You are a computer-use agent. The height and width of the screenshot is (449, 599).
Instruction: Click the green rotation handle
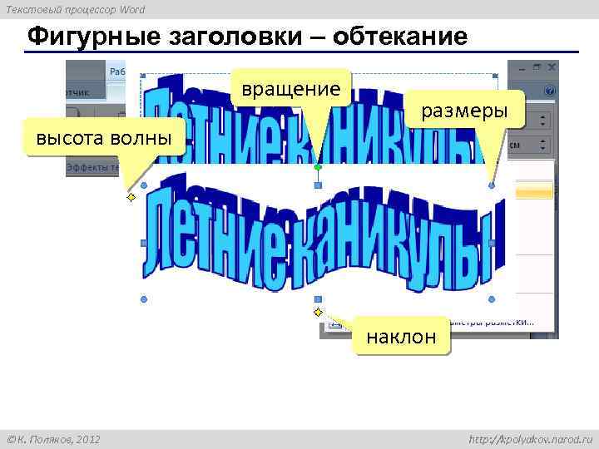317,167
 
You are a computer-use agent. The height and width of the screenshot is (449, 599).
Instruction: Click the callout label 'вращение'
291,89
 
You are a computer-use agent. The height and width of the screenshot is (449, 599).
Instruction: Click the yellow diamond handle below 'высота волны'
131,198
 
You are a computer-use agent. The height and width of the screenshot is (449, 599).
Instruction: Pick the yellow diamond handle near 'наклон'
318,312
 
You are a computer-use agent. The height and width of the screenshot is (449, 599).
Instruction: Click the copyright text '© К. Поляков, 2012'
53,438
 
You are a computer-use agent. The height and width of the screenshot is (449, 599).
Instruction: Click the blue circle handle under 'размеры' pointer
492,185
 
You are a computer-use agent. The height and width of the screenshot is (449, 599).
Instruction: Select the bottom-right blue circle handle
492,299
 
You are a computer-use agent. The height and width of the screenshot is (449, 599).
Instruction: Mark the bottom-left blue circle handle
144,299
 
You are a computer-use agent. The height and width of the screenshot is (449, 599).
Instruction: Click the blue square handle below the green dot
317,185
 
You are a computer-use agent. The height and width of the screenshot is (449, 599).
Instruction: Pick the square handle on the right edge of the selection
492,243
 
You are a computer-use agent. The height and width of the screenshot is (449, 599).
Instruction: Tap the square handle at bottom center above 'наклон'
317,299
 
